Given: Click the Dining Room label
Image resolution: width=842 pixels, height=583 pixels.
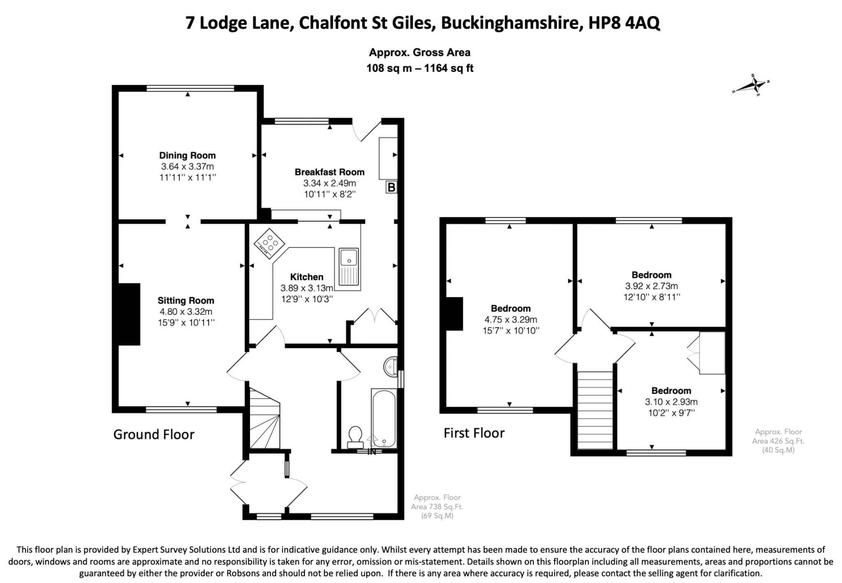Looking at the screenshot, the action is pos(187,155).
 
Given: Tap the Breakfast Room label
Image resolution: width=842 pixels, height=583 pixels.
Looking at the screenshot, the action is pos(330,172).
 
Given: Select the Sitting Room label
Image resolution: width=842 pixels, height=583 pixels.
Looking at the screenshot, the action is pos(186,301).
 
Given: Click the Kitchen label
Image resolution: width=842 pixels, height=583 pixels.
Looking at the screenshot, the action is pos(307,277).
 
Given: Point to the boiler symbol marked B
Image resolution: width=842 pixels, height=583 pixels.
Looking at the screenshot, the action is pos(391,188).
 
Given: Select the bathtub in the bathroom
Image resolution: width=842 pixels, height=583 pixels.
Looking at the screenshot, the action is pos(384,418).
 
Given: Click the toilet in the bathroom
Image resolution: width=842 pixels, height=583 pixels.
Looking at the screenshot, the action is pos(355,437).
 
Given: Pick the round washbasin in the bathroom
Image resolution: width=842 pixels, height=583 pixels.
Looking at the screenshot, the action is pos(390,365).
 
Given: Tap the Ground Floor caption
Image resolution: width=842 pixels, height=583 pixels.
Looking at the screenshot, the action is pos(154,435).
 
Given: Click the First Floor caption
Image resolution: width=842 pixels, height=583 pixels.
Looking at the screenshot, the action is pos(474,433).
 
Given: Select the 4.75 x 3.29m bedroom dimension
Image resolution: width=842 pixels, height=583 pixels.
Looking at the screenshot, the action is pos(511,320).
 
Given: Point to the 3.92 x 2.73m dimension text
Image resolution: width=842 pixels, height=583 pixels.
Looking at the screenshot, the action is pos(652,286).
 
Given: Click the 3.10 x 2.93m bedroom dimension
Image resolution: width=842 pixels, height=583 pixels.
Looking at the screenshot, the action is pos(671,402).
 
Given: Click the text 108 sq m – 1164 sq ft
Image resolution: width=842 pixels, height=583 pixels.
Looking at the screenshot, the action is pos(420,68).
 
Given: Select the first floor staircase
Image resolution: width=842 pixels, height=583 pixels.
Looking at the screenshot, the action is pos(595,410).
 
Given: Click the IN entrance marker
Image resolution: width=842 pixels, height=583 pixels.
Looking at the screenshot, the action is pos(372,452).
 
